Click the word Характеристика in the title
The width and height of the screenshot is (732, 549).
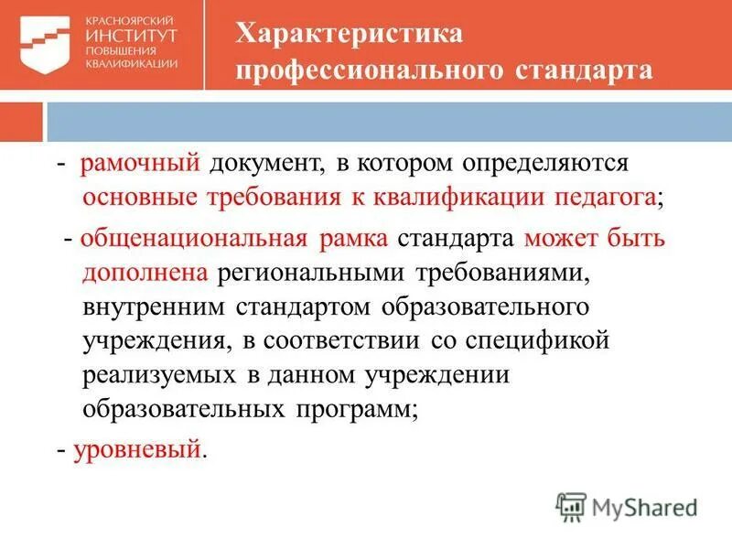(350, 34)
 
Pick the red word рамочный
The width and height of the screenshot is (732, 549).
(139, 164)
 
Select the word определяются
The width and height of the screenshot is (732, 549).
(547, 164)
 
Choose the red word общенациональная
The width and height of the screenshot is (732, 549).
(192, 240)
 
